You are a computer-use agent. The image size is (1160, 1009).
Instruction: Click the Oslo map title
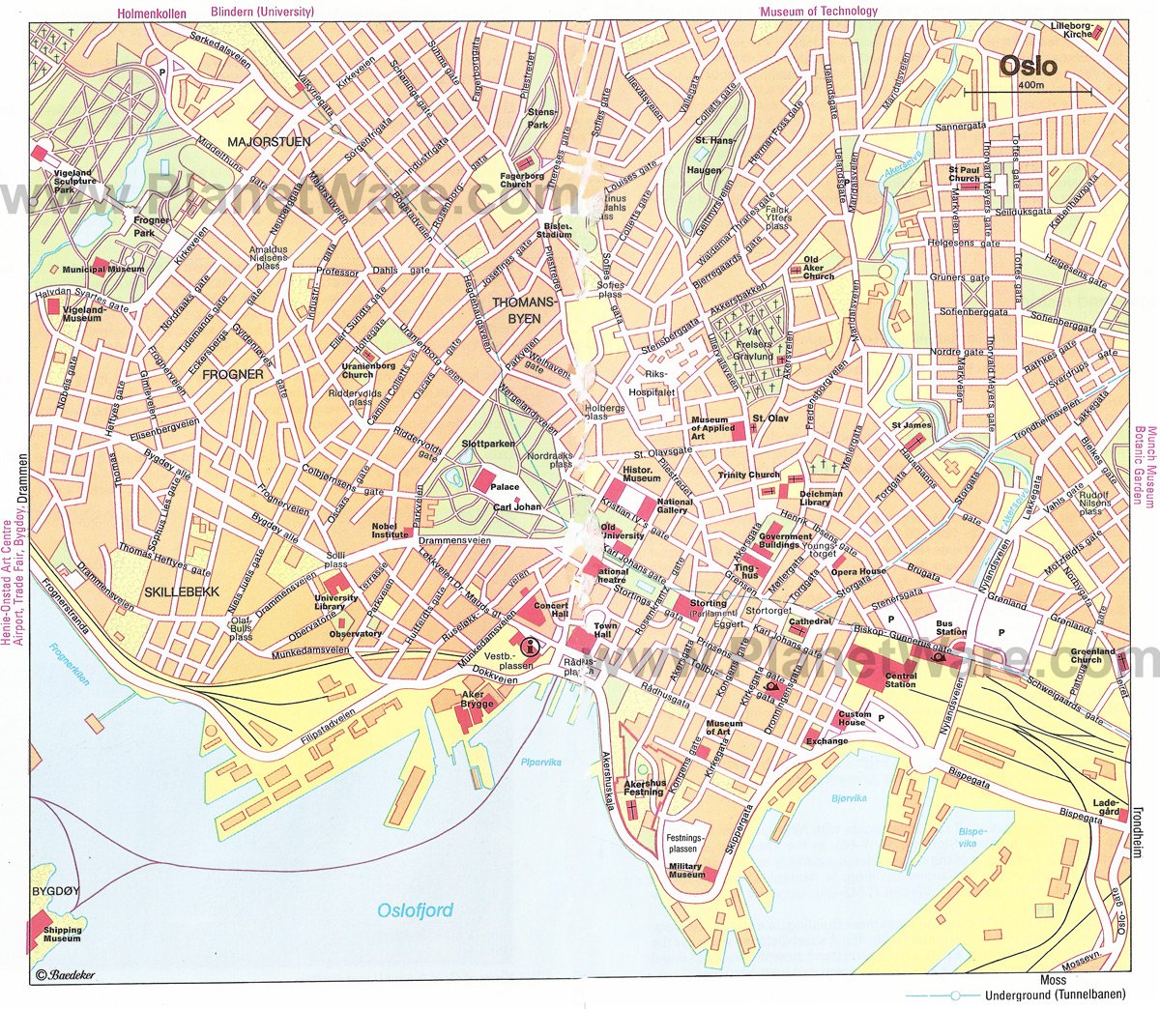[1028, 68]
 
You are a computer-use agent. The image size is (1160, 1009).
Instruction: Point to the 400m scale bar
[1027, 91]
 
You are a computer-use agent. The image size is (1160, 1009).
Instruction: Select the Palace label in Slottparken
[505, 487]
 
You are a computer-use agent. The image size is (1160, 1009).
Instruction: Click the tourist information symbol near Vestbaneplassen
[529, 647]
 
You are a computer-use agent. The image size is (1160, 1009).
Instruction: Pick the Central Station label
[900, 680]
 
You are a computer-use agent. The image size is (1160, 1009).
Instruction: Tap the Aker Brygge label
[478, 700]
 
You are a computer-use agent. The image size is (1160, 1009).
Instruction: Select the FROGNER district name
[234, 374]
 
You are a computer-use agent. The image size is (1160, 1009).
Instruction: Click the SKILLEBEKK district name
[181, 590]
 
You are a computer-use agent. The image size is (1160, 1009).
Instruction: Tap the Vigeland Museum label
[82, 313]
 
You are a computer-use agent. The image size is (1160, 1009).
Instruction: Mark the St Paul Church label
[964, 173]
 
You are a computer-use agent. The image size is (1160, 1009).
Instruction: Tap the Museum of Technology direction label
[818, 12]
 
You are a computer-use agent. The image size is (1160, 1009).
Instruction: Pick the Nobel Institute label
[391, 531]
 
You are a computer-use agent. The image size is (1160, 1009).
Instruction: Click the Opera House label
[858, 571]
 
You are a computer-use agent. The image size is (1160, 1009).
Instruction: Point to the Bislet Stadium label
[554, 230]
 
